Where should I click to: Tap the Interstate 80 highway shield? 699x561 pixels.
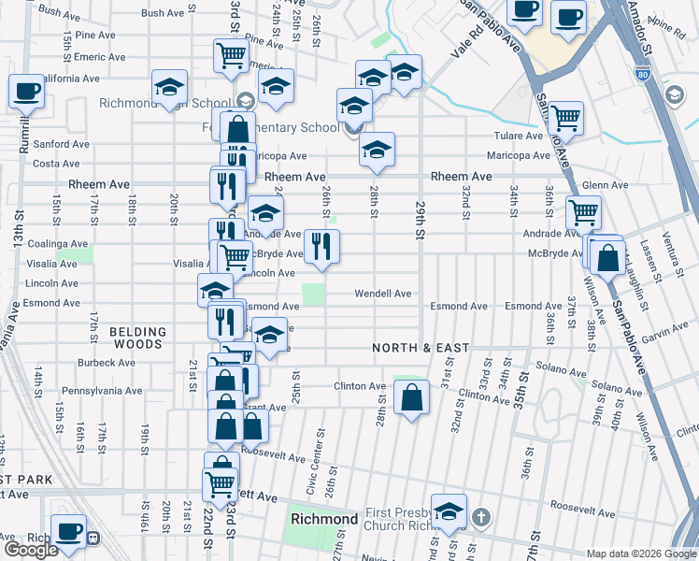click(x=641, y=73)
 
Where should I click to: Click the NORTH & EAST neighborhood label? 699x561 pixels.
click(x=421, y=348)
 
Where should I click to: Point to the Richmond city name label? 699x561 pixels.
click(x=324, y=519)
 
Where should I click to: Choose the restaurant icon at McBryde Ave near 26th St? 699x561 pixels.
click(x=321, y=247)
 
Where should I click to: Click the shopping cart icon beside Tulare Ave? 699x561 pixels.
click(x=566, y=118)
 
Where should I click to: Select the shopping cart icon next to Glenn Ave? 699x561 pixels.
click(x=583, y=211)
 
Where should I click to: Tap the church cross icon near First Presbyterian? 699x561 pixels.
click(x=480, y=517)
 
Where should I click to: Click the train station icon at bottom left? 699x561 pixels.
click(x=93, y=539)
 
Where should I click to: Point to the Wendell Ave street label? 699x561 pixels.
click(x=382, y=294)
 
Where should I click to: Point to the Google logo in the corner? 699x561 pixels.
click(x=30, y=550)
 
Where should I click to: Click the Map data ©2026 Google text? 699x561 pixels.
click(x=640, y=553)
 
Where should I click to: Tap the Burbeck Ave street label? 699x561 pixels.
click(x=107, y=362)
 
